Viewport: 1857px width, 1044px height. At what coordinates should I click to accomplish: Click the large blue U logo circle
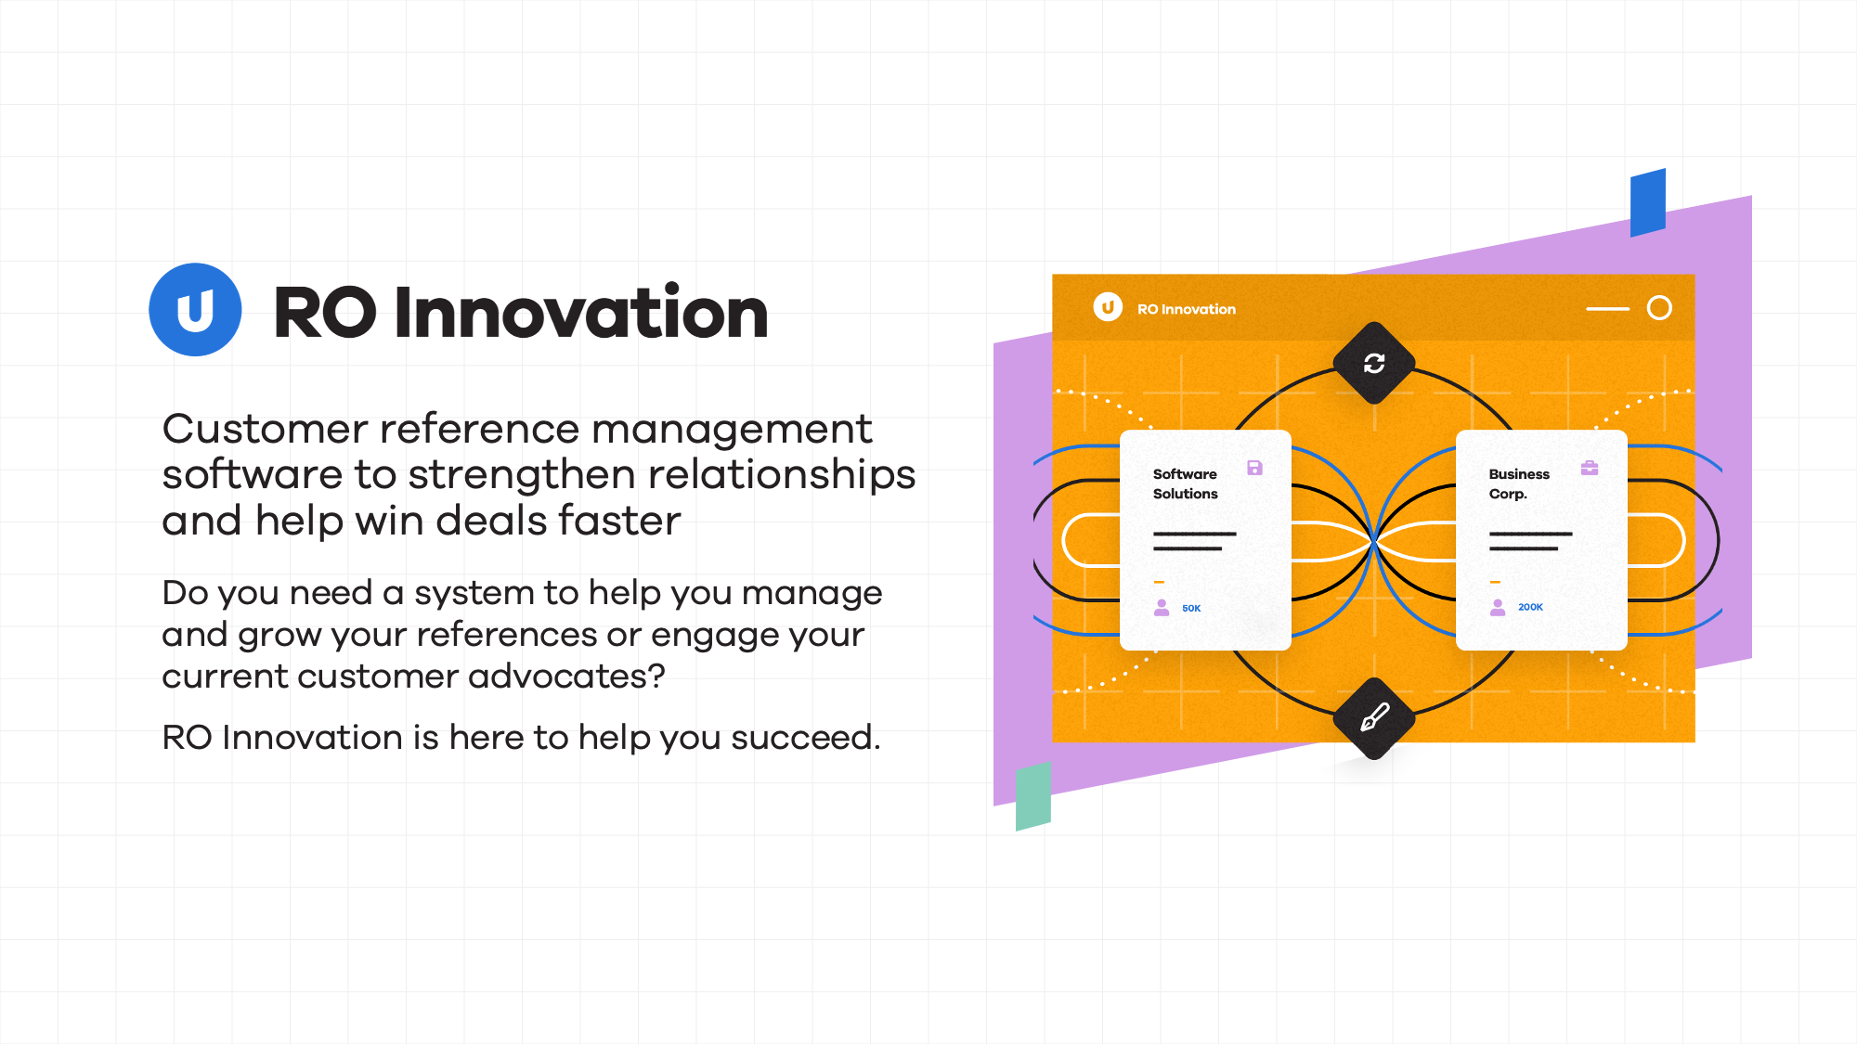click(195, 310)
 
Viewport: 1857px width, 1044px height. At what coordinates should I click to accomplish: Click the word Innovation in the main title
click(581, 312)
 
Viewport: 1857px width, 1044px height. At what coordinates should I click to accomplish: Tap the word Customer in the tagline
click(266, 429)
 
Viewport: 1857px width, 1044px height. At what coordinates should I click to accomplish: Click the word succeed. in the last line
click(806, 738)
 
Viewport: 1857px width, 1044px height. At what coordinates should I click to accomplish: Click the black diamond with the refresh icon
click(1374, 363)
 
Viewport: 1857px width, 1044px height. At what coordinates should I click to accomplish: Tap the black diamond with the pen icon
click(1374, 718)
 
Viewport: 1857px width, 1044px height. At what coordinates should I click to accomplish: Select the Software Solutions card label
click(1186, 483)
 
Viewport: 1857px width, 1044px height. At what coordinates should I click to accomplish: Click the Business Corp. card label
click(1519, 483)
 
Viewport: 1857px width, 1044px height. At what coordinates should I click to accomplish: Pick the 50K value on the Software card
click(1191, 609)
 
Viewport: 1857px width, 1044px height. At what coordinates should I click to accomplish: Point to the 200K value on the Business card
click(1530, 607)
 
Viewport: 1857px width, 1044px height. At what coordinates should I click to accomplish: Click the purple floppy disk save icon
click(1254, 468)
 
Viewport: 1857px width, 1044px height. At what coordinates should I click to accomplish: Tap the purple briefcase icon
click(1590, 468)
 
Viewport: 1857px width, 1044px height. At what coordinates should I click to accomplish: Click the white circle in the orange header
click(1659, 308)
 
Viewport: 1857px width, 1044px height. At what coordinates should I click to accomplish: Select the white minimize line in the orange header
click(1608, 308)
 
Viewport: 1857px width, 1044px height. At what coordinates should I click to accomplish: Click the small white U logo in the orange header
click(1108, 307)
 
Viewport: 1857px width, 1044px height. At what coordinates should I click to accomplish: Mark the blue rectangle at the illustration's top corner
click(1648, 202)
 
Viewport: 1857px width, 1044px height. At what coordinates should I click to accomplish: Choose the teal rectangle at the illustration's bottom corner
click(1033, 796)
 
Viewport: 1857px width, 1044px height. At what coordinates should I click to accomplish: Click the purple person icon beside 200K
click(1498, 608)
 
